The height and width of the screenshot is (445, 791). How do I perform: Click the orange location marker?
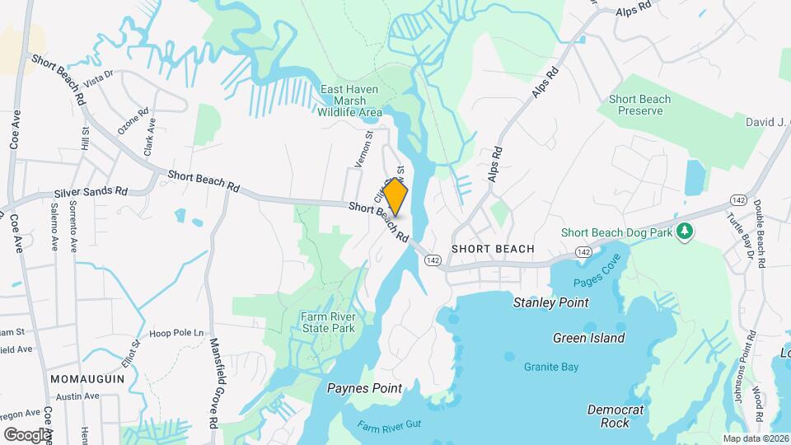pyautogui.click(x=395, y=197)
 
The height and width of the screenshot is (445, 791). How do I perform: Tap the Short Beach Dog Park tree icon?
pyautogui.click(x=683, y=232)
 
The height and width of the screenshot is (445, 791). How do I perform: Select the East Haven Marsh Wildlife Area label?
pyautogui.click(x=351, y=100)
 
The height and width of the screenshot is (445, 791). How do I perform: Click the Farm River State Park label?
pyautogui.click(x=328, y=321)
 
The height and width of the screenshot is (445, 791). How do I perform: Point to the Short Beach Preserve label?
pyautogui.click(x=639, y=105)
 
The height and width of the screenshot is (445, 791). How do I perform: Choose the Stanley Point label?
pyautogui.click(x=550, y=302)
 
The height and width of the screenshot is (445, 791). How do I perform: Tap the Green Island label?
pyautogui.click(x=588, y=338)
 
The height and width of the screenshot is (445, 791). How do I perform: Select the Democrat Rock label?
pyautogui.click(x=615, y=416)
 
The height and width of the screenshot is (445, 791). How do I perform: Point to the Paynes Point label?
pyautogui.click(x=364, y=388)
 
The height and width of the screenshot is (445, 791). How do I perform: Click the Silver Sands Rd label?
pyautogui.click(x=91, y=191)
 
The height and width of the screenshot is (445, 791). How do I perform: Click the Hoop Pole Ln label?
pyautogui.click(x=176, y=333)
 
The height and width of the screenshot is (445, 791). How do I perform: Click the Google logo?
pyautogui.click(x=27, y=434)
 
